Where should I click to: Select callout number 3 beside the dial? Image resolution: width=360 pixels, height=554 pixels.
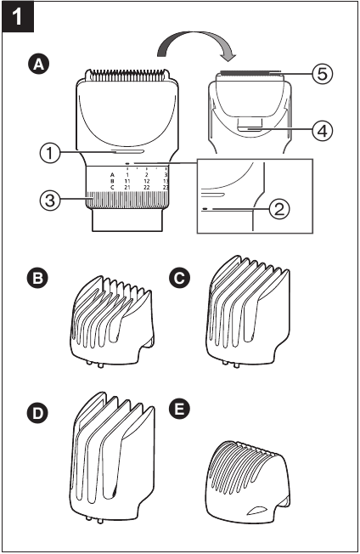tap(52, 201)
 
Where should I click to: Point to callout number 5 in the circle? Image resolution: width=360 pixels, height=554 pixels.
tap(319, 74)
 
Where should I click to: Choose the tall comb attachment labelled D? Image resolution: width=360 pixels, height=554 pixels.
tap(110, 463)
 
